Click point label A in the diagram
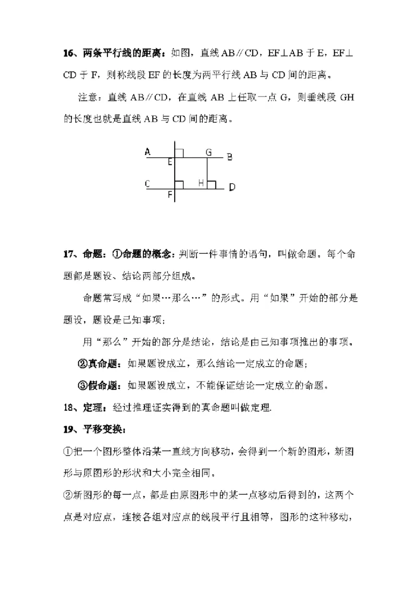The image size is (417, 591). [148, 152]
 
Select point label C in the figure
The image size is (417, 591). [148, 183]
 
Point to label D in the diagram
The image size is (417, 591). [232, 187]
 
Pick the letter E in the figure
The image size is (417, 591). [170, 162]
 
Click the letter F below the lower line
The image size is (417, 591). [170, 195]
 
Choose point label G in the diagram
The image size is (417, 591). [208, 152]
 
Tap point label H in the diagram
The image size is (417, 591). [201, 183]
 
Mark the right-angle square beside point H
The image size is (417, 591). [212, 184]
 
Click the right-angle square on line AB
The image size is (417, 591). [179, 152]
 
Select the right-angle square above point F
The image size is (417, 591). [179, 184]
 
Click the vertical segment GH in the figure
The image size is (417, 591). [207, 172]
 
